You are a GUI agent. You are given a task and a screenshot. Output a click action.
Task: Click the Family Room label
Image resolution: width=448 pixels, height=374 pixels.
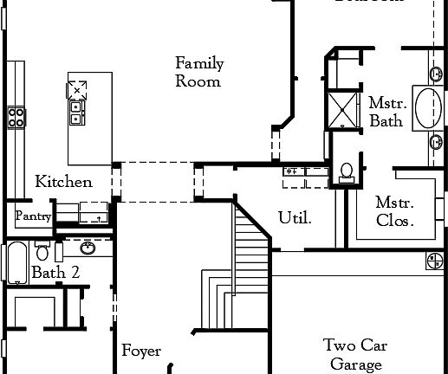pyautogui.click(x=198, y=72)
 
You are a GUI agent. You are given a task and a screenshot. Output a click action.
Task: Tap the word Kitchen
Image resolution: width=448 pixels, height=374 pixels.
pyautogui.click(x=63, y=182)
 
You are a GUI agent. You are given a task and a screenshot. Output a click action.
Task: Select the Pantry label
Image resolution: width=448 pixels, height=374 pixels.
pyautogui.click(x=33, y=216)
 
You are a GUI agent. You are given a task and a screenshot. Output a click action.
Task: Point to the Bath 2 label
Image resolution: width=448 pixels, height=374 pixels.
pyautogui.click(x=55, y=273)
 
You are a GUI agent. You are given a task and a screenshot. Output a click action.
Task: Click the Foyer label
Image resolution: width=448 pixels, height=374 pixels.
pyautogui.click(x=141, y=351)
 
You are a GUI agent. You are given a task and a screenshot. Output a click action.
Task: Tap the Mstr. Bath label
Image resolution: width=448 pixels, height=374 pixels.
pyautogui.click(x=386, y=111)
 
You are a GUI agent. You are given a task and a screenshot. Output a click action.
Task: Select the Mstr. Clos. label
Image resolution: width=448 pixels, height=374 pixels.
pyautogui.click(x=394, y=211)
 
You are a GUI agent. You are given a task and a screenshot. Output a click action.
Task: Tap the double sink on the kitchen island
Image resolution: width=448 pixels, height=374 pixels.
pyautogui.click(x=76, y=112)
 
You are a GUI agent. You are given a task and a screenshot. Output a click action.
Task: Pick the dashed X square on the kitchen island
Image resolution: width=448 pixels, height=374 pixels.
pyautogui.click(x=78, y=87)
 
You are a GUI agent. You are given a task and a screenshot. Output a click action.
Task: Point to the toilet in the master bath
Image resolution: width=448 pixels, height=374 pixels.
pyautogui.click(x=346, y=171)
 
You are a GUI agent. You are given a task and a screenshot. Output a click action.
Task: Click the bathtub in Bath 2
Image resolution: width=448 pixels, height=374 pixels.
pyautogui.click(x=16, y=261)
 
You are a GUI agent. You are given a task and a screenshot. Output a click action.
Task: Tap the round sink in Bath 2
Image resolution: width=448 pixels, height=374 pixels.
pyautogui.click(x=88, y=248)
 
